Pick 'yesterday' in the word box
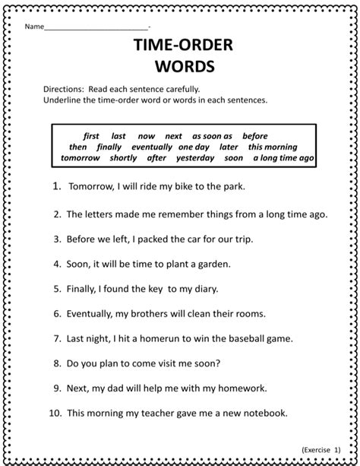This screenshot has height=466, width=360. [x=195, y=158]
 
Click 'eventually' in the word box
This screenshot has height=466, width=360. [x=151, y=147]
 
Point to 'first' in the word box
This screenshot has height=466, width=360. [x=91, y=136]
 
